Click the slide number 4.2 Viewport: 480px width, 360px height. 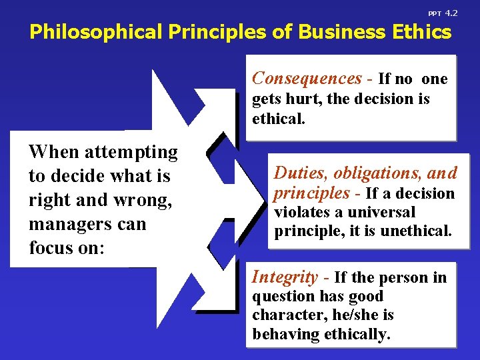coord(451,13)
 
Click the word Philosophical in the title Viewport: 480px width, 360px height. coord(93,32)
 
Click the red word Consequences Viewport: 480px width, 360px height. coord(306,79)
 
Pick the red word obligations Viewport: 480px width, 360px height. coord(373,173)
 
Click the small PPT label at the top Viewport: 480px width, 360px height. coord(434,14)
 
